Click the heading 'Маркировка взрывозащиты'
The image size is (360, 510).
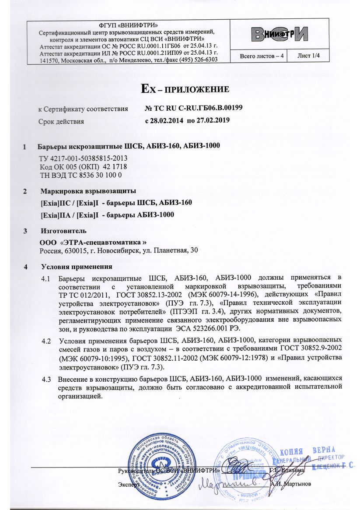coord(88,191)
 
